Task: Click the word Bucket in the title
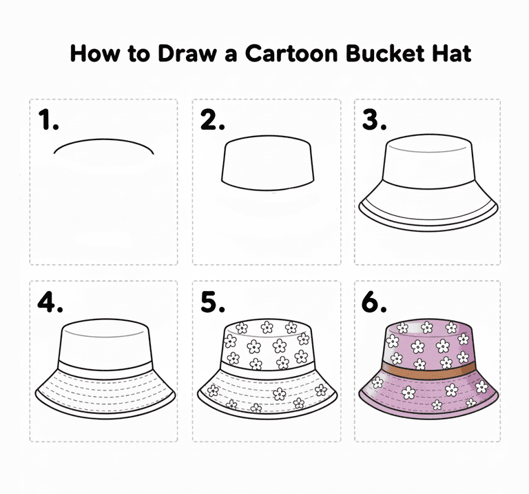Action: click(385, 53)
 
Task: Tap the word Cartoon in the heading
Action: click(291, 54)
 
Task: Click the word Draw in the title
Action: click(186, 53)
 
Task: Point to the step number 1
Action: click(48, 119)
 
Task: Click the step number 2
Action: click(212, 119)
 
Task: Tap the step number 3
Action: click(374, 119)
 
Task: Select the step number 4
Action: click(50, 302)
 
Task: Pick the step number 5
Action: click(213, 302)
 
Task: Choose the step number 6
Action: click(374, 302)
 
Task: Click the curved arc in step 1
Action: click(103, 140)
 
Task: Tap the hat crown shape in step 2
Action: click(267, 164)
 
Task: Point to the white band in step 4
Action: click(105, 368)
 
